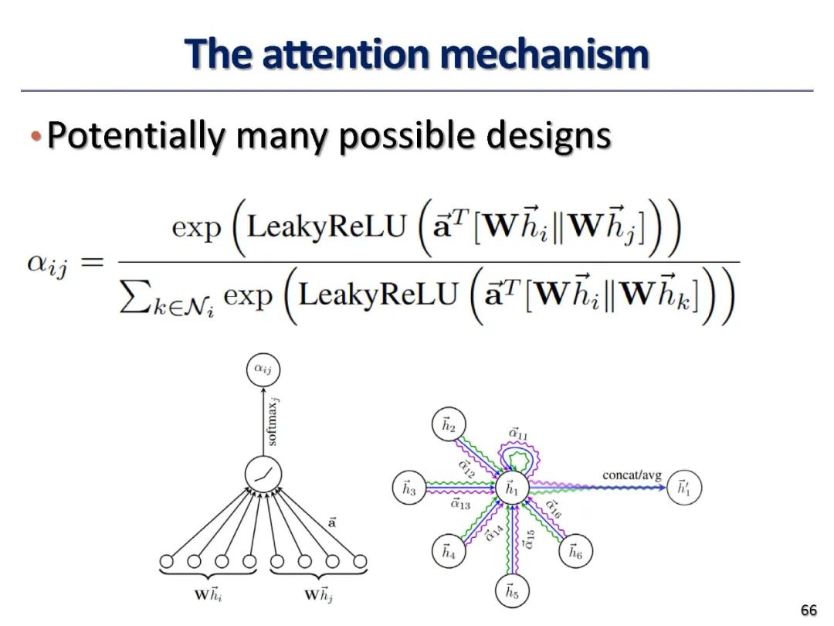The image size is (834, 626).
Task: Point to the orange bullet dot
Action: tap(35, 137)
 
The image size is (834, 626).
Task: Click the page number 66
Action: tap(808, 611)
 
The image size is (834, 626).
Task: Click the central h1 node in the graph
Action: tap(510, 488)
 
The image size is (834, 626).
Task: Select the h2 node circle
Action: tap(448, 424)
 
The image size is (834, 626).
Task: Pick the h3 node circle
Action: tap(409, 488)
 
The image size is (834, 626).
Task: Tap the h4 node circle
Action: tap(448, 552)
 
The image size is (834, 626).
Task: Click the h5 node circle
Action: tap(510, 591)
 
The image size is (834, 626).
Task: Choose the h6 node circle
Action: tap(575, 552)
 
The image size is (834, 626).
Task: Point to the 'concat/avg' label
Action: tap(632, 475)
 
